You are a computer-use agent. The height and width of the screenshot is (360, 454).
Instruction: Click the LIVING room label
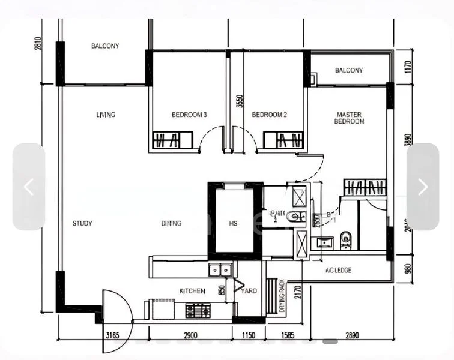click(106, 115)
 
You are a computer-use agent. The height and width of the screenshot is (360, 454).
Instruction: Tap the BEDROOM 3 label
click(189, 115)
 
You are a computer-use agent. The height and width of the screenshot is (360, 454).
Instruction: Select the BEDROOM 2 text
click(269, 115)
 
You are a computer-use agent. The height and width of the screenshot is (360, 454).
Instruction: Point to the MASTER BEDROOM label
click(350, 118)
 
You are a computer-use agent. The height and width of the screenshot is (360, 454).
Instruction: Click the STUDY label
click(82, 224)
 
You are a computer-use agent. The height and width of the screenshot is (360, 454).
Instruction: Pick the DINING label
click(171, 224)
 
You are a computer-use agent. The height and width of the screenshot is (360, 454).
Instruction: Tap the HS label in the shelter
click(234, 224)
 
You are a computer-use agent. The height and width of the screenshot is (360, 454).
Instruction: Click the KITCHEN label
click(192, 291)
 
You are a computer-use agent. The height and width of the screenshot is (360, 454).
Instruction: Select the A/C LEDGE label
click(338, 271)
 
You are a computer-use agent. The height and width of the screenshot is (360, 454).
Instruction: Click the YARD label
click(249, 291)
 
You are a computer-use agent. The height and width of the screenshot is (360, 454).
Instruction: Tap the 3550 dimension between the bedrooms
click(239, 101)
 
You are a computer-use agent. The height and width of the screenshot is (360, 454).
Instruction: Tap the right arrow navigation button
click(423, 187)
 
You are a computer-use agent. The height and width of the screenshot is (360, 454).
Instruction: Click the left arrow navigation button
click(29, 187)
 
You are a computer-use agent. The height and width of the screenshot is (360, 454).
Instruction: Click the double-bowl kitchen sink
click(220, 271)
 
